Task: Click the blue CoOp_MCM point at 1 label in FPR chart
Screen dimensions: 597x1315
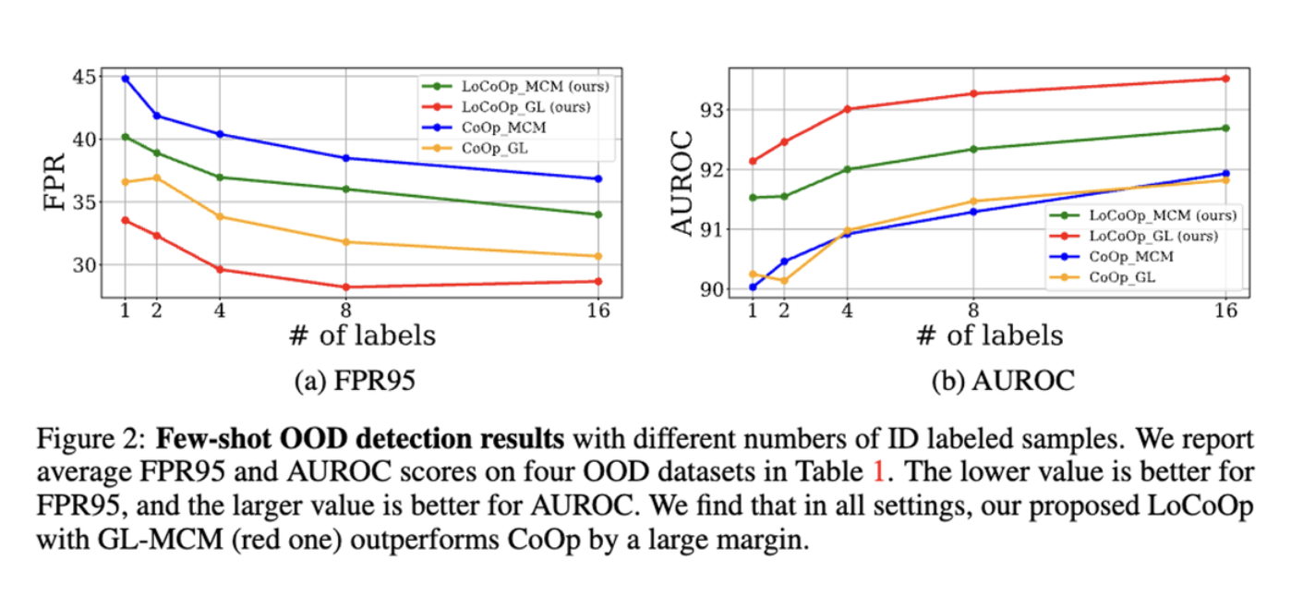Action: [x=125, y=79]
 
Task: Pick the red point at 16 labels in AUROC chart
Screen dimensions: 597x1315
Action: [x=1225, y=79]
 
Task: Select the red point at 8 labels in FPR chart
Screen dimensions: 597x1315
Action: [x=346, y=286]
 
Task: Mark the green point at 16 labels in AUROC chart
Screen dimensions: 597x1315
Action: [x=1225, y=128]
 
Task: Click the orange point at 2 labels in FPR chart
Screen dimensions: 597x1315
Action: [x=156, y=177]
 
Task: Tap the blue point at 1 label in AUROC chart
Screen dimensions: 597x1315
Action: [x=752, y=286]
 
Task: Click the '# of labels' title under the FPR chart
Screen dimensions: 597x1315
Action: [x=361, y=335]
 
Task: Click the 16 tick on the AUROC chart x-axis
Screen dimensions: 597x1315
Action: [x=1225, y=311]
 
